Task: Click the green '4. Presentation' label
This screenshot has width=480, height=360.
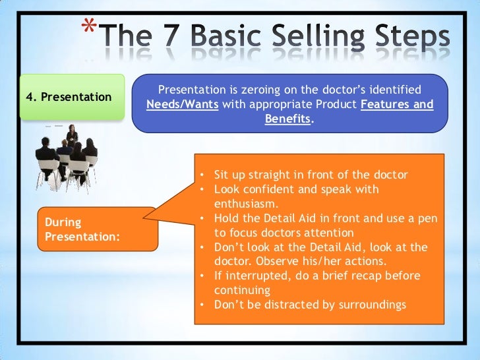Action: [69, 97]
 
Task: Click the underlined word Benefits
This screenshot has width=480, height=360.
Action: [287, 121]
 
